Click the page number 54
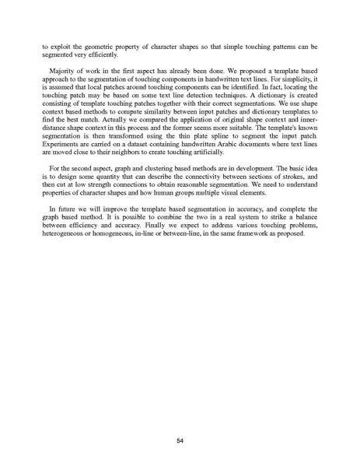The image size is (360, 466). [x=180, y=419]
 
